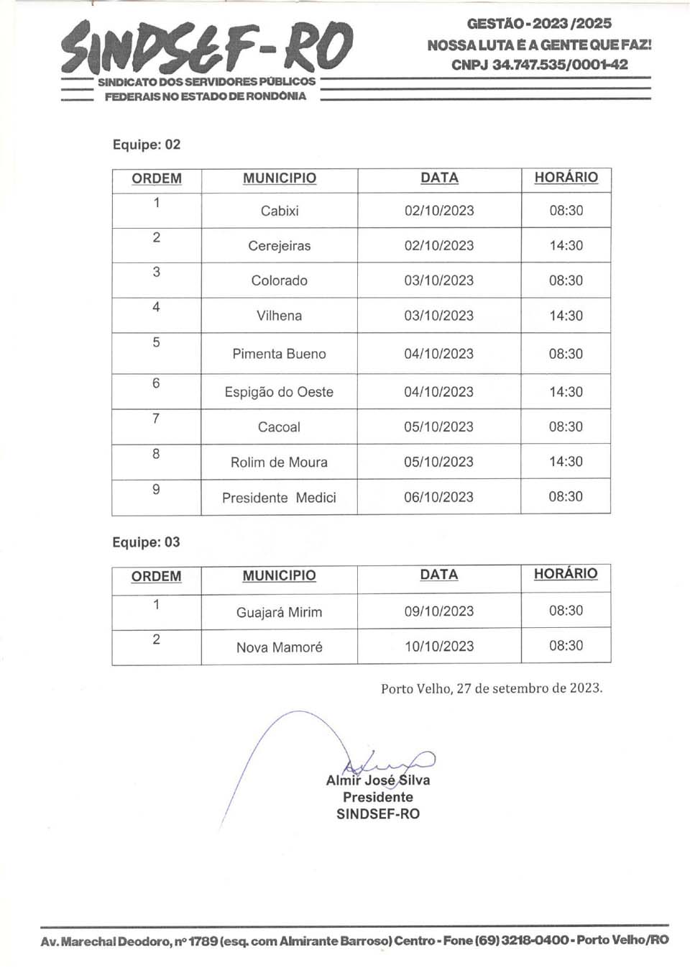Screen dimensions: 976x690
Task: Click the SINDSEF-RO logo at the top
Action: (207, 47)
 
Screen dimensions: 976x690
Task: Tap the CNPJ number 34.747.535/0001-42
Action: (560, 65)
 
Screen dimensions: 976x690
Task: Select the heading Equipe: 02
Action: (147, 145)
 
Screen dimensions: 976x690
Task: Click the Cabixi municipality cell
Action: (280, 211)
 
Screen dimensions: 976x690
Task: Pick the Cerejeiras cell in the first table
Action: (280, 246)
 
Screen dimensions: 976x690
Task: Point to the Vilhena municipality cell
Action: (280, 316)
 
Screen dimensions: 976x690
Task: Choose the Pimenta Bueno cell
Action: (280, 354)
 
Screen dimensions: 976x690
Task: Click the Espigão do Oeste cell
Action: (279, 392)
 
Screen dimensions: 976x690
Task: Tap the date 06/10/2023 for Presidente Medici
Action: (438, 497)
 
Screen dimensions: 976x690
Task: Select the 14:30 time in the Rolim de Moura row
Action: (566, 462)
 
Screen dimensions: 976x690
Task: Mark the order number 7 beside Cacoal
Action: (156, 419)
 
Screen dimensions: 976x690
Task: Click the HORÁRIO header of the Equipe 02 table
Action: (566, 178)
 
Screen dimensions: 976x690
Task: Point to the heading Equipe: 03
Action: (146, 542)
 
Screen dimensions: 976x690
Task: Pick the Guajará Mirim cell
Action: (279, 613)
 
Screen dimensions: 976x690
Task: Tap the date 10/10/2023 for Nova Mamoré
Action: (439, 646)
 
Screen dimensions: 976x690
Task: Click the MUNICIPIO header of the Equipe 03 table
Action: (279, 576)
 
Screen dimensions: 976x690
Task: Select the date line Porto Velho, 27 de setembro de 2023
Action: (492, 688)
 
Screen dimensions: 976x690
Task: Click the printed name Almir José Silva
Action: (378, 780)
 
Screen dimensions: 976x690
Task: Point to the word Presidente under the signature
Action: (378, 797)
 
